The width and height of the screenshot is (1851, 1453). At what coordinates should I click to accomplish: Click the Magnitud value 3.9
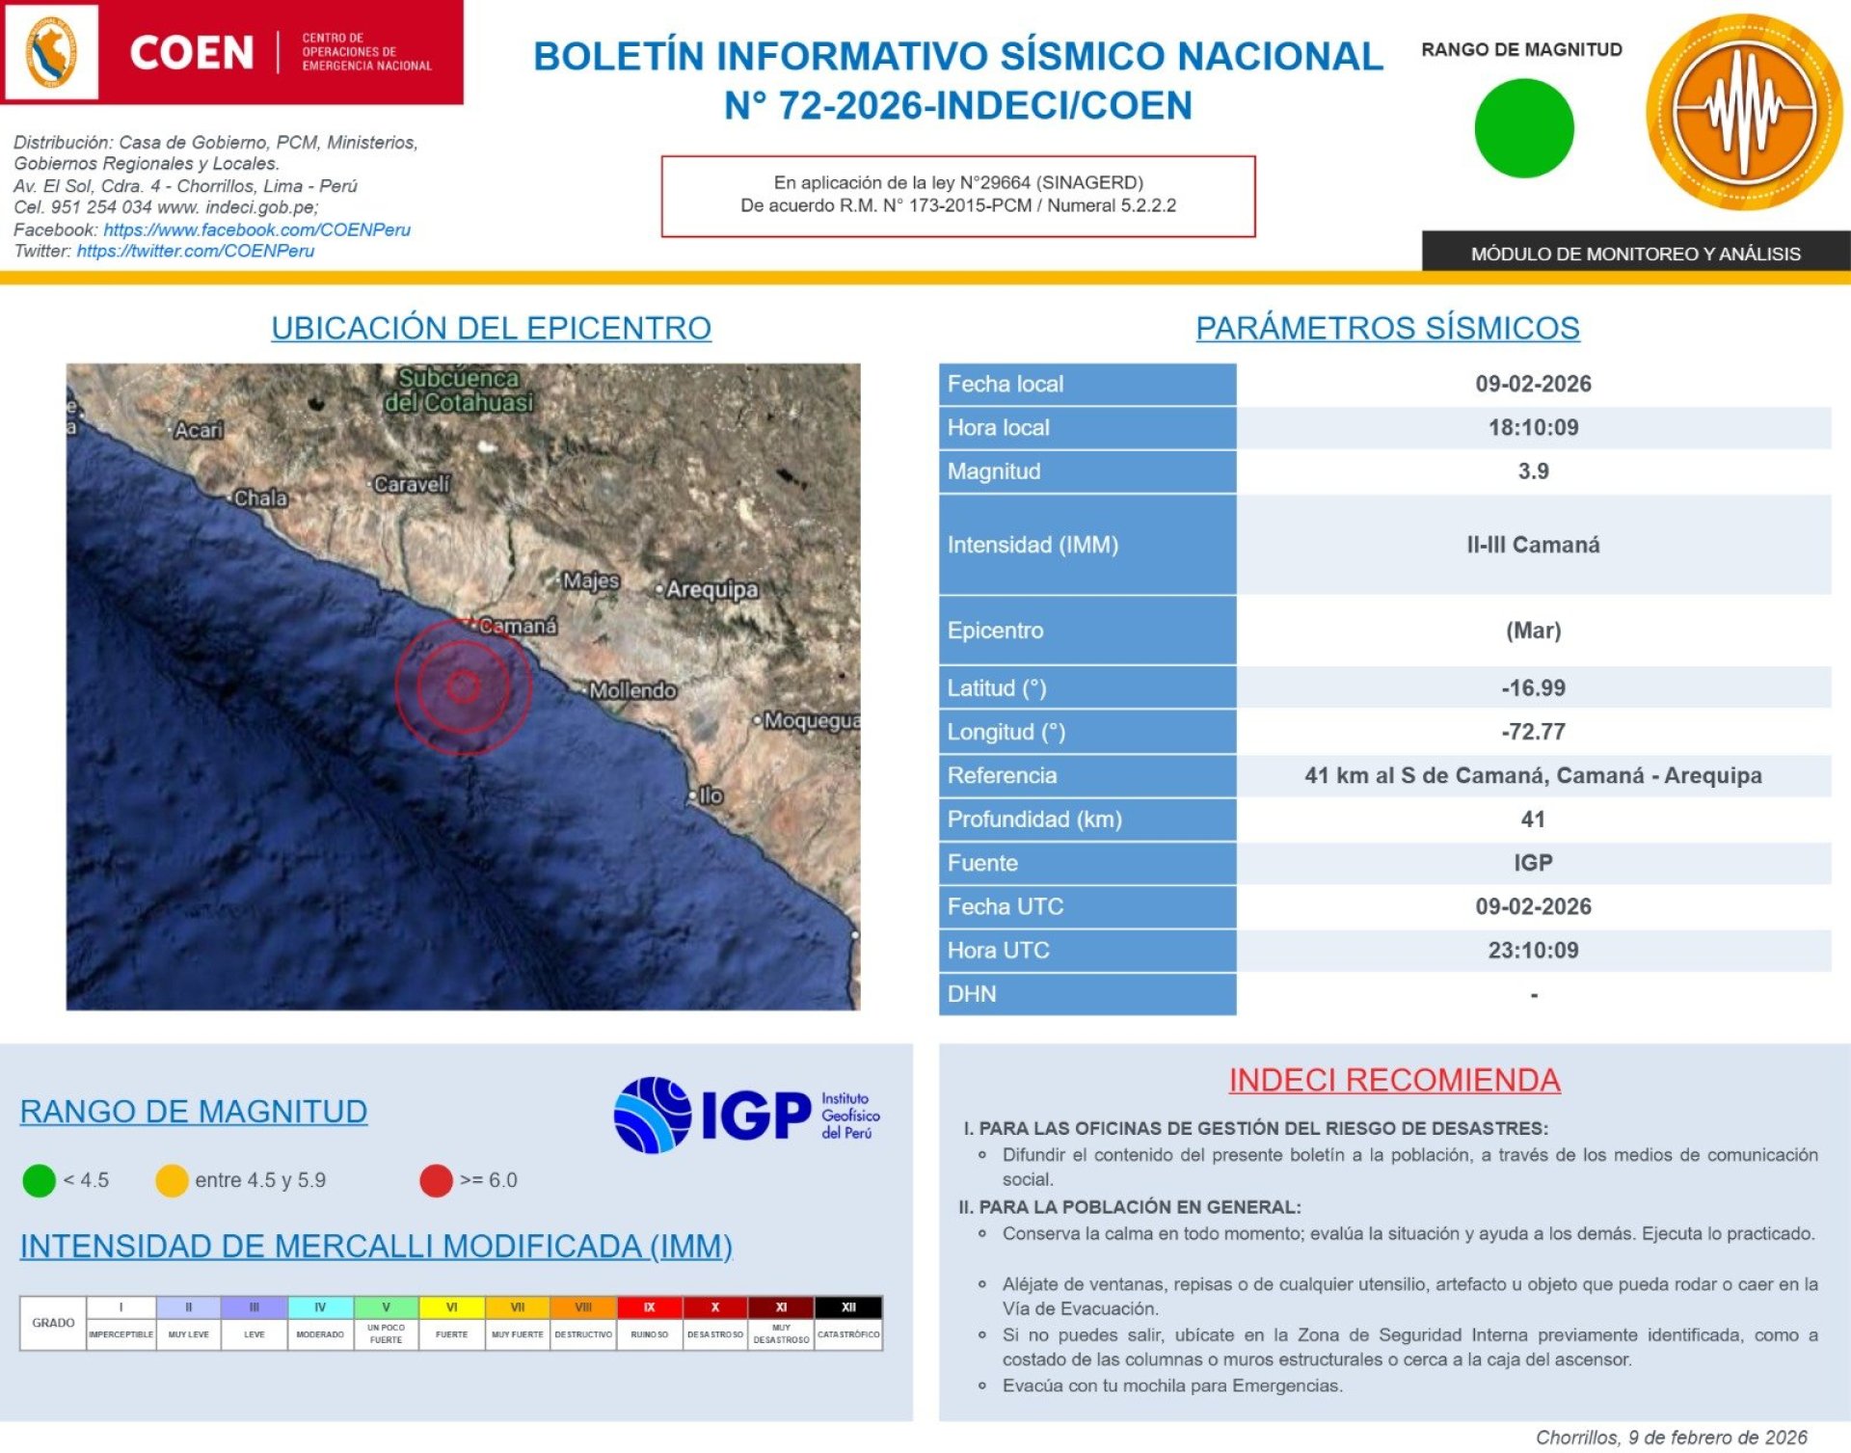pos(1532,471)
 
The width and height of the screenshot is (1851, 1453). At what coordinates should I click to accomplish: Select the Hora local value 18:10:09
pos(1532,427)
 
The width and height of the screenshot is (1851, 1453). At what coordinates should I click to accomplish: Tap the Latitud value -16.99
pos(1532,687)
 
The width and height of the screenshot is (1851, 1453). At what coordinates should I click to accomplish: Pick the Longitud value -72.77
pos(1532,732)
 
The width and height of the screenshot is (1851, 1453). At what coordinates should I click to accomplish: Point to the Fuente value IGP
pos(1532,863)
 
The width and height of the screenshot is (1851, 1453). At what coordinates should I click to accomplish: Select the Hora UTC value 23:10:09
pos(1532,951)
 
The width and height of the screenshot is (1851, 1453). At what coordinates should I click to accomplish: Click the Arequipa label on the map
pos(711,589)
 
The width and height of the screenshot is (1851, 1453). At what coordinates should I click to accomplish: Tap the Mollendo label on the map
pos(632,690)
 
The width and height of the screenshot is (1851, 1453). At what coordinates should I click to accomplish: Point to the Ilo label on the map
pos(710,795)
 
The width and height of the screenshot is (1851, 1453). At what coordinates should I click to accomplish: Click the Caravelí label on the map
pos(411,484)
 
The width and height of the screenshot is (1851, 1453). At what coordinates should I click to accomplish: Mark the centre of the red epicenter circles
pos(464,686)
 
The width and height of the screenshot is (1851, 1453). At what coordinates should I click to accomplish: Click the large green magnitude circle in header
pos(1523,128)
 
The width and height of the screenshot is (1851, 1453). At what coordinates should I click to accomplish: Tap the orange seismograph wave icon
pos(1743,112)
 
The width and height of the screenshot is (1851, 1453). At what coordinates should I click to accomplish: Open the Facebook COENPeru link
pos(256,229)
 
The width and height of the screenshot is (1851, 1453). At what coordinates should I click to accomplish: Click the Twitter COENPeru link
pos(196,251)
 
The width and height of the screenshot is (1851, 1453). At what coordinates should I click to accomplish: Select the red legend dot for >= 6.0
pos(436,1180)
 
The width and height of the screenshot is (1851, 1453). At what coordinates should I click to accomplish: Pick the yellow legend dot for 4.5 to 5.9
pos(172,1180)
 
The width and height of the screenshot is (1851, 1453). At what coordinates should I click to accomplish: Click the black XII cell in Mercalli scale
pos(847,1307)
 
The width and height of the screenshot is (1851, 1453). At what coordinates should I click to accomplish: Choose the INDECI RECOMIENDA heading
pos(1394,1080)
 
